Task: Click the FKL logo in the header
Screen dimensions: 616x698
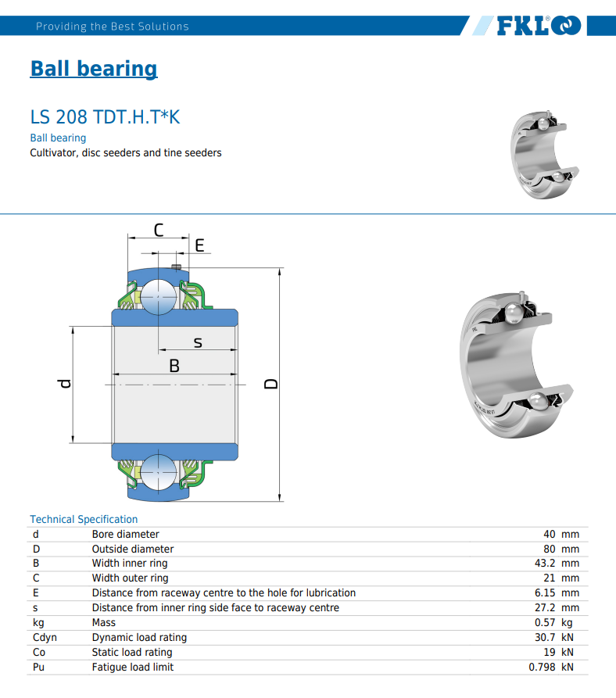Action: click(539, 25)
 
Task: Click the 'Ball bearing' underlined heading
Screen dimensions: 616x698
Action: click(94, 69)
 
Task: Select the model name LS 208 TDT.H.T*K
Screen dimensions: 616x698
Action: click(105, 117)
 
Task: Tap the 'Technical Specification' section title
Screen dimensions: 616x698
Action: click(84, 519)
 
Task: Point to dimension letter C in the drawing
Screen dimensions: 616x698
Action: click(159, 230)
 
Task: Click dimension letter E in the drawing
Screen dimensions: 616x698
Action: click(200, 245)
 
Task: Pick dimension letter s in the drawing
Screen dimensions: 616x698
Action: click(198, 342)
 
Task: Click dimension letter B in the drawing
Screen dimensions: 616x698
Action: click(174, 366)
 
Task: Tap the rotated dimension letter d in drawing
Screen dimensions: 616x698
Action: click(65, 384)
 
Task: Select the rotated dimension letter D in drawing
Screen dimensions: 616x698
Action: click(271, 384)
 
